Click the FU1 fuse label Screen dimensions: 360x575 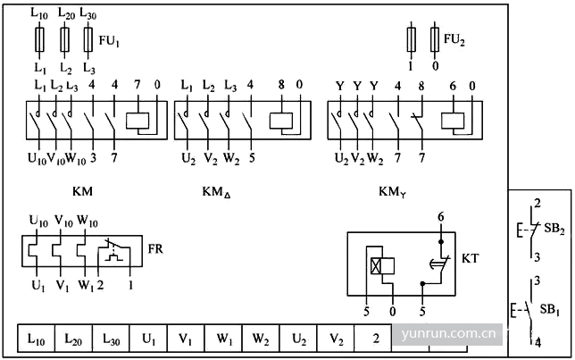[x=109, y=41]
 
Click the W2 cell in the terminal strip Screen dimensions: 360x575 [x=261, y=339]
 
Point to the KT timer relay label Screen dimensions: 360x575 [x=471, y=258]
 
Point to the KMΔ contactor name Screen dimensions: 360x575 [x=217, y=192]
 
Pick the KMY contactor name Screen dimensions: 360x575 [x=393, y=191]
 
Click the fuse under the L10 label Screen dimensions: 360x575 [x=39, y=39]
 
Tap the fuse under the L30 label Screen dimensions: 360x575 [x=88, y=39]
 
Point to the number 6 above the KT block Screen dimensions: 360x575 [x=440, y=217]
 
